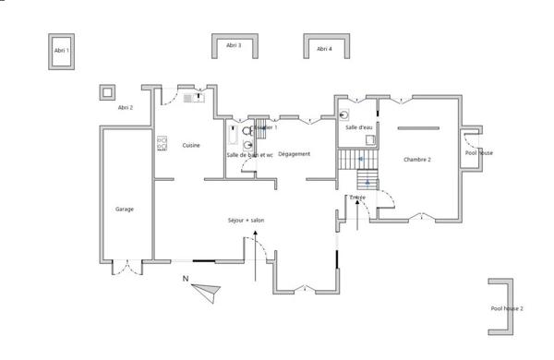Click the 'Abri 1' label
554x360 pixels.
(x=62, y=51)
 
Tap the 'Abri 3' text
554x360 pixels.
(x=235, y=45)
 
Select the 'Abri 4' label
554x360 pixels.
(x=324, y=48)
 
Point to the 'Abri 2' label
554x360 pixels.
(x=126, y=108)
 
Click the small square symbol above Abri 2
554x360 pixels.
(x=108, y=91)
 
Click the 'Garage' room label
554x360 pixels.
(x=125, y=209)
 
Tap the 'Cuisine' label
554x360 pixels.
(x=191, y=145)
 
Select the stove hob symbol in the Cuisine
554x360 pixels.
(x=162, y=143)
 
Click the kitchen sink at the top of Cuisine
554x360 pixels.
(x=193, y=96)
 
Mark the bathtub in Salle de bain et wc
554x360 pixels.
(x=231, y=136)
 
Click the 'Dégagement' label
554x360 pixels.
(x=294, y=154)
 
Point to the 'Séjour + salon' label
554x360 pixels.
(x=246, y=221)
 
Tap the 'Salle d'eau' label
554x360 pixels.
(x=359, y=127)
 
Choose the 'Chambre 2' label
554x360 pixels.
(x=417, y=160)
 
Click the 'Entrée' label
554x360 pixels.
(x=358, y=197)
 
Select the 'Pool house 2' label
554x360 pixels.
(x=507, y=307)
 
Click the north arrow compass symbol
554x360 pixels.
(x=207, y=290)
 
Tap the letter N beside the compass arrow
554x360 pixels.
(x=185, y=278)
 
